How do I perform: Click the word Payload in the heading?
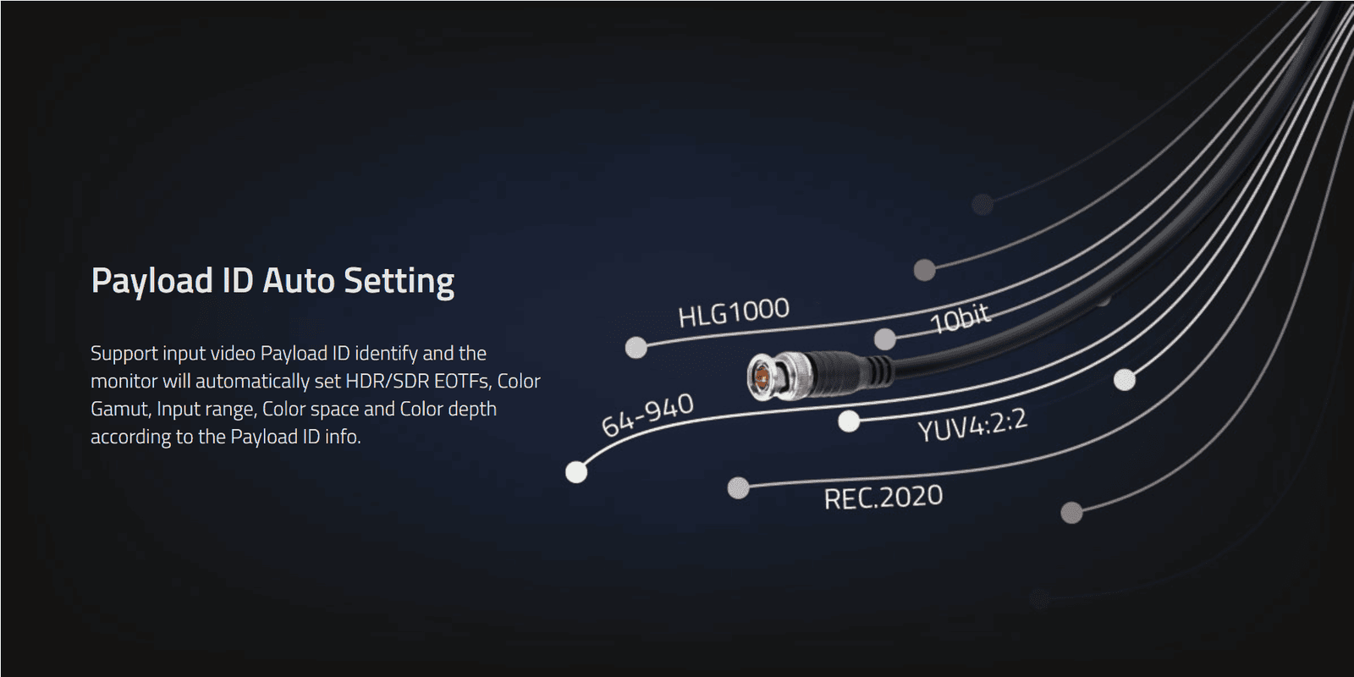[152, 282]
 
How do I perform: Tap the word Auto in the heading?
[299, 281]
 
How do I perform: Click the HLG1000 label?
[734, 312]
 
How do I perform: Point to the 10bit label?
[960, 318]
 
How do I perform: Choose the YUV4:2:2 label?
[972, 425]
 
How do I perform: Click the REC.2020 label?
[883, 497]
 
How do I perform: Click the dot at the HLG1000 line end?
[636, 348]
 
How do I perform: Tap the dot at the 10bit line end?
[885, 339]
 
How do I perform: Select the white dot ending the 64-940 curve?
[576, 472]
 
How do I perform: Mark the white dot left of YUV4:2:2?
[849, 421]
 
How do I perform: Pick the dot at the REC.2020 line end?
[738, 487]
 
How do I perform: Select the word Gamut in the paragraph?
[120, 410]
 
